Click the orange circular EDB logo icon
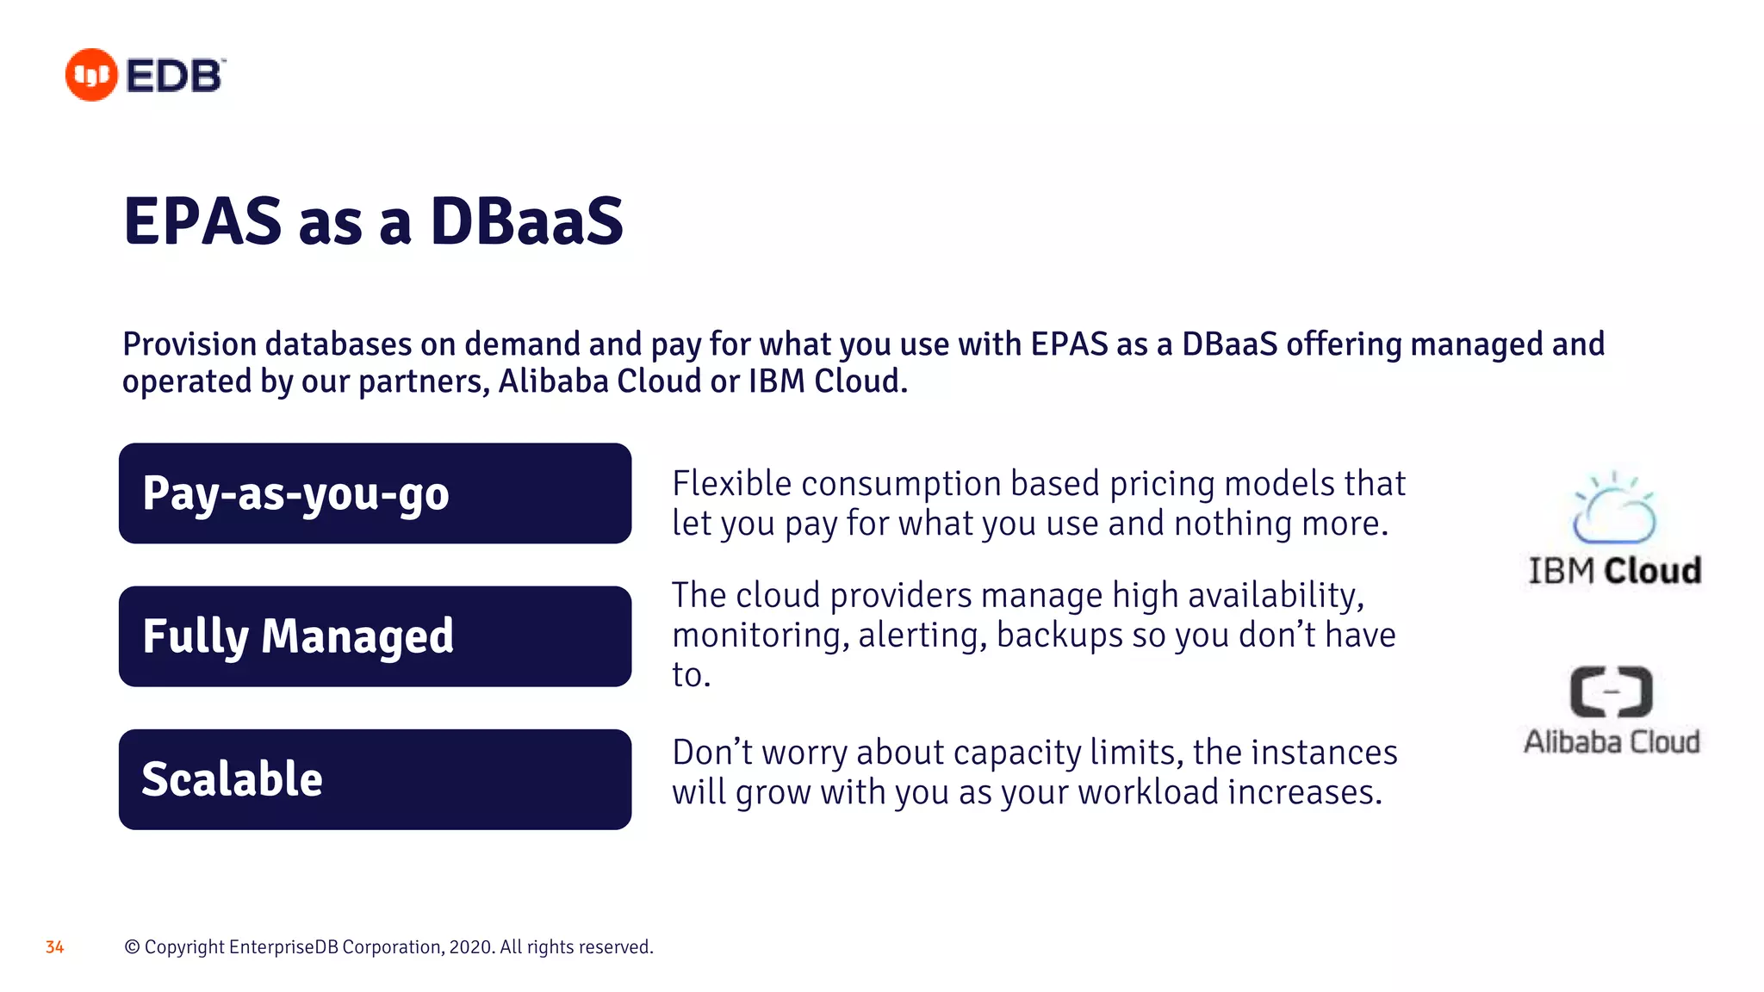[x=90, y=75]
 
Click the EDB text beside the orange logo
[x=176, y=76]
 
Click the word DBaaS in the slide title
[x=526, y=222]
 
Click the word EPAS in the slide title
[x=202, y=222]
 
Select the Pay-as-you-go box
[x=375, y=493]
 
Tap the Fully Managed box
[x=375, y=636]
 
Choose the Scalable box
[x=375, y=779]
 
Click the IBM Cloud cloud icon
[x=1613, y=510]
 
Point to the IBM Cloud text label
[x=1614, y=571]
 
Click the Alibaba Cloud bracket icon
[x=1611, y=691]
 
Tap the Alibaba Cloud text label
[x=1612, y=741]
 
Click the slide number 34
[x=54, y=947]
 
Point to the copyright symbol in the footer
[x=132, y=947]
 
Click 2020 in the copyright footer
[x=470, y=947]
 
